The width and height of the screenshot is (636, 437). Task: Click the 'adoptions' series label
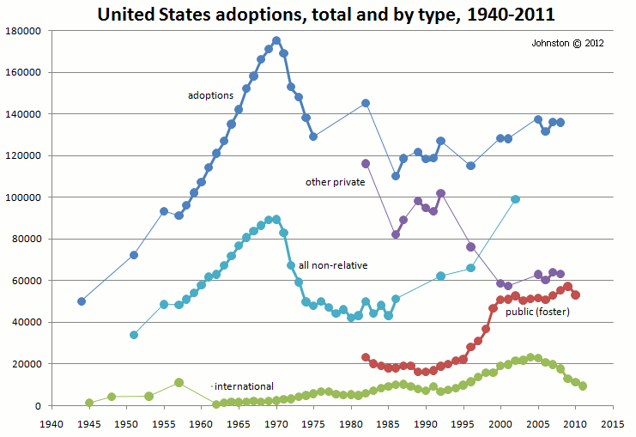(x=210, y=95)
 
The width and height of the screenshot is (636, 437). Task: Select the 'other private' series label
(x=336, y=182)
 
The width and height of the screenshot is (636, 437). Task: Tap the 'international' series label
(x=244, y=386)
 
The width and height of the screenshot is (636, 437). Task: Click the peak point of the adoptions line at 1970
(x=276, y=40)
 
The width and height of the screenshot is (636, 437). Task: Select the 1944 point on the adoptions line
(x=82, y=301)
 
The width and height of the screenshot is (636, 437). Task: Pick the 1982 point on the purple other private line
(x=366, y=163)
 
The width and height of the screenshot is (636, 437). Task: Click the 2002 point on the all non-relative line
(x=516, y=199)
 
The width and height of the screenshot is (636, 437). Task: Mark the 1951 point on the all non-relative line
(x=134, y=335)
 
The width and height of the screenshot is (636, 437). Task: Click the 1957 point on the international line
(x=179, y=382)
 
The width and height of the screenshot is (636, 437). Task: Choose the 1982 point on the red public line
(x=366, y=357)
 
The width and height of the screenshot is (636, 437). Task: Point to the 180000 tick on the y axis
(x=23, y=31)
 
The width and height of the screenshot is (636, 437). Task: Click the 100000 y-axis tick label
(x=23, y=197)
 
